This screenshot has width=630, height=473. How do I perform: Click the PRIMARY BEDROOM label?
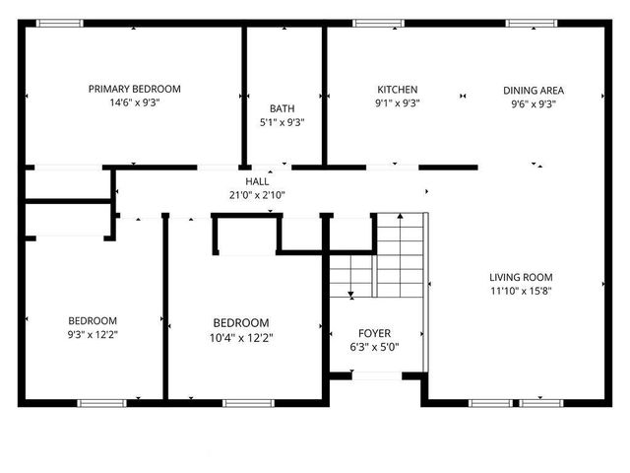coord(135,89)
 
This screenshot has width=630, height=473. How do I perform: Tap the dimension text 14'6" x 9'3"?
coord(135,102)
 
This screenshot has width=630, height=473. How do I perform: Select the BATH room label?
coord(283,109)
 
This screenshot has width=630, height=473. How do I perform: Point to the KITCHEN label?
coord(397,89)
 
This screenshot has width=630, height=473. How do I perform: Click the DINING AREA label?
coord(534,89)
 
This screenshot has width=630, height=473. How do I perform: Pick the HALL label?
coord(257,182)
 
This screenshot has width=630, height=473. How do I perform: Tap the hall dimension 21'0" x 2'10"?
coord(257,195)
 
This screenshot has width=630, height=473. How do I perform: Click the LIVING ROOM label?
coord(521,278)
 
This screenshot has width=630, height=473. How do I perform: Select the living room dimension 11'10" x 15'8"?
coord(521,292)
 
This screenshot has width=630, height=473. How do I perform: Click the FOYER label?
coord(374,333)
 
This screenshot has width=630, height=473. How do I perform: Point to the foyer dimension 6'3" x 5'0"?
coord(374,347)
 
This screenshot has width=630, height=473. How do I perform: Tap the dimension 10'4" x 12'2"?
coord(242,338)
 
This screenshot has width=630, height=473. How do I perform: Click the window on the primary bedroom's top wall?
coord(61,24)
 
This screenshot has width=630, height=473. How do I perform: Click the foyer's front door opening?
coord(375,375)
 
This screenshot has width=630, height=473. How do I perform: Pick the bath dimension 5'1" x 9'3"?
coord(283,123)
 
